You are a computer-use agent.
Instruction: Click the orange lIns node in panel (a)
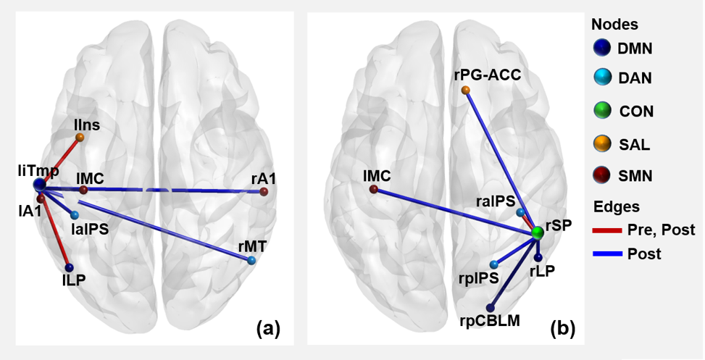(x=80, y=137)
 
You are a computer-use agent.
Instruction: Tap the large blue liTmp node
(x=40, y=185)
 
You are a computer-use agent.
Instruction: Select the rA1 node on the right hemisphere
(x=264, y=191)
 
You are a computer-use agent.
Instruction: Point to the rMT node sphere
(x=251, y=260)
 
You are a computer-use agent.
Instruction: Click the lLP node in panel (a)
(x=69, y=267)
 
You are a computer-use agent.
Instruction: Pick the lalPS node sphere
(x=75, y=215)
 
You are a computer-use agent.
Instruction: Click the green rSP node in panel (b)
(x=538, y=233)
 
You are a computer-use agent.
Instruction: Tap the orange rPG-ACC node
(x=466, y=90)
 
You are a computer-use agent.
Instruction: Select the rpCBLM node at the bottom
(x=491, y=307)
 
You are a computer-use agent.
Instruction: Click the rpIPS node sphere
(x=494, y=264)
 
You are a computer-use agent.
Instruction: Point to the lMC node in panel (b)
(x=373, y=189)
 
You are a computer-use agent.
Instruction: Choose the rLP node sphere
(x=538, y=257)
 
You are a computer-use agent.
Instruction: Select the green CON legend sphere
(x=599, y=111)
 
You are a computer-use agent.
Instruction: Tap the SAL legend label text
(x=635, y=144)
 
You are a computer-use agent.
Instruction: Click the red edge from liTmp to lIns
(x=60, y=161)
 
